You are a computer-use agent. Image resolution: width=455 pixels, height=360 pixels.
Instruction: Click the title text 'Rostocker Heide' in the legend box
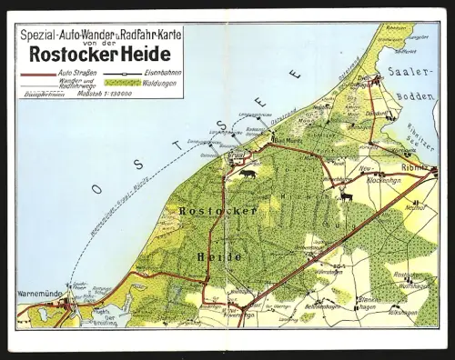pyautogui.click(x=100, y=53)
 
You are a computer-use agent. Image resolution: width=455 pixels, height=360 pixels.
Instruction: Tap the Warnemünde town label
pyautogui.click(x=38, y=294)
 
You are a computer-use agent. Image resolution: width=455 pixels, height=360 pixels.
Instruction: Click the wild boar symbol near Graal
pyautogui.click(x=248, y=173)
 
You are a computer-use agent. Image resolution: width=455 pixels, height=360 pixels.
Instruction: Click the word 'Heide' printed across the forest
pyautogui.click(x=219, y=256)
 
